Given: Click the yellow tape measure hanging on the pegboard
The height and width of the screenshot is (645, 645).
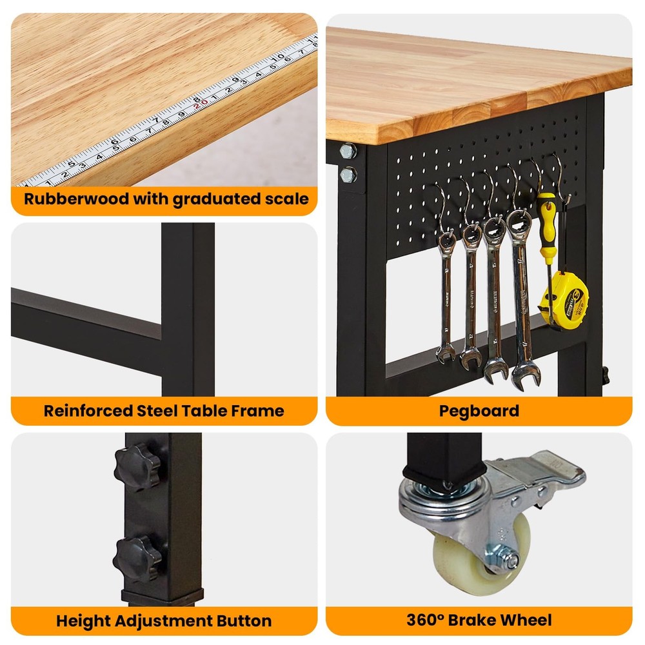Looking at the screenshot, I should [x=563, y=301].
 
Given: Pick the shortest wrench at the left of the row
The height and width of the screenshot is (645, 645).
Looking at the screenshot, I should [x=446, y=297].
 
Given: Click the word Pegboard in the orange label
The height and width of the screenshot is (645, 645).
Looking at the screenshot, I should [x=479, y=410].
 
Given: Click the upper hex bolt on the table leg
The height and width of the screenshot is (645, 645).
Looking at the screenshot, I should [x=348, y=151].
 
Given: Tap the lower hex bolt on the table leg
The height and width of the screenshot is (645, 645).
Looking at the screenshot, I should [x=348, y=174].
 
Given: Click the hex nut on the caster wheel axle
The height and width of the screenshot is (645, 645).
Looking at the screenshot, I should [x=511, y=560].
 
